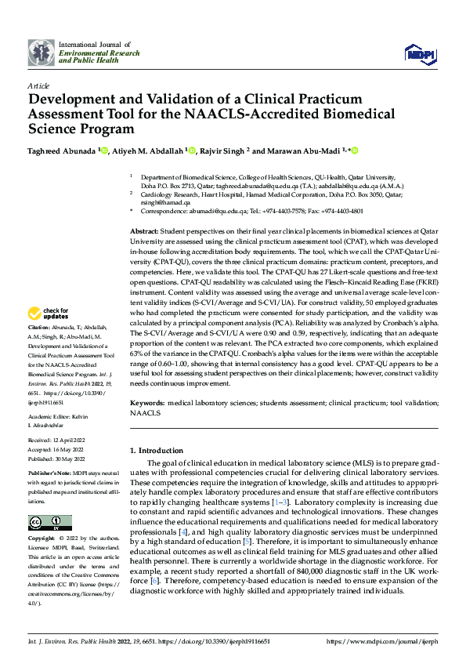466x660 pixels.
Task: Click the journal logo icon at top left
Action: tap(40, 53)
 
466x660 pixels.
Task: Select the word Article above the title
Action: tap(38, 85)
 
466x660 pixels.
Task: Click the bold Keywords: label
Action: tap(146, 401)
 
